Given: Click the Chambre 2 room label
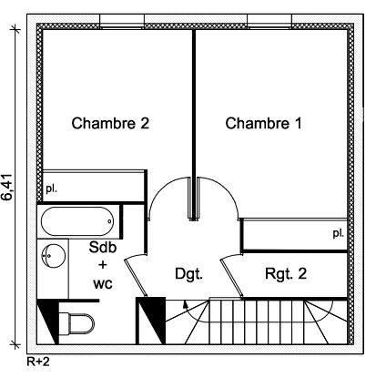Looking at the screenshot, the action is click(110, 123).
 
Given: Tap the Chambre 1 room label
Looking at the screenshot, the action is click(263, 123).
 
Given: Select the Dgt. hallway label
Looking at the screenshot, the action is click(188, 274).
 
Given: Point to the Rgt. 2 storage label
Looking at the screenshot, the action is click(286, 273).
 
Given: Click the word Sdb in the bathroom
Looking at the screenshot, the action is click(103, 247).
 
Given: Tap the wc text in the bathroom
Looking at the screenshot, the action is click(103, 284).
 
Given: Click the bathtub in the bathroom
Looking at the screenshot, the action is click(77, 221).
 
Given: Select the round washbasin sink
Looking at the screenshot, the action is click(54, 256).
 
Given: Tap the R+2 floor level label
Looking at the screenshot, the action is click(38, 362).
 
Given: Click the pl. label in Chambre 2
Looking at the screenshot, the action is click(51, 189).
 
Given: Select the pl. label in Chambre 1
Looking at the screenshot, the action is click(339, 233).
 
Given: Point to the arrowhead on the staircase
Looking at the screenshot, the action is click(184, 304).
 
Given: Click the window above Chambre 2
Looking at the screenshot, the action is click(122, 21).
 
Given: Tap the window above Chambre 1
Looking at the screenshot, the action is click(269, 21).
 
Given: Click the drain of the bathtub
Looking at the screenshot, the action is click(109, 221).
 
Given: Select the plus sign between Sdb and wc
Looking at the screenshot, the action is click(103, 265).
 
